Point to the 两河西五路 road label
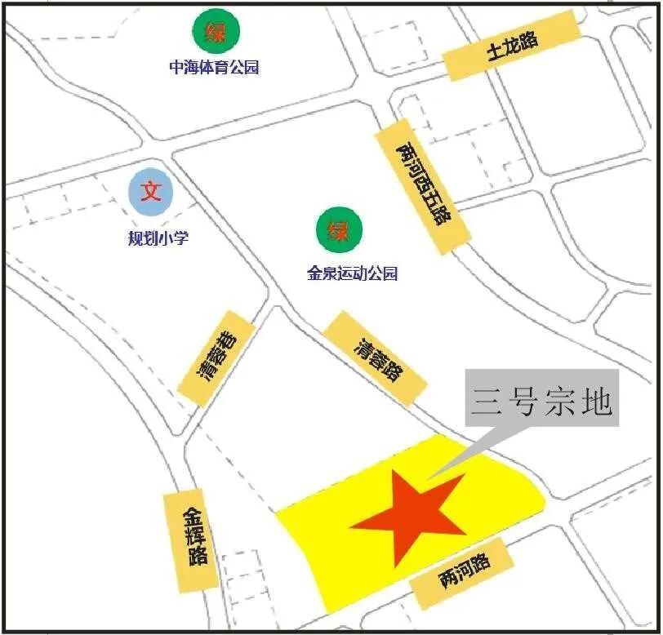click(x=423, y=184)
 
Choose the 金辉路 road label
click(x=193, y=540)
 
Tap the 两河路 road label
click(x=463, y=572)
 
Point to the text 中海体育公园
click(x=214, y=67)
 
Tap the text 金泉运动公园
click(x=352, y=273)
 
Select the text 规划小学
click(x=158, y=238)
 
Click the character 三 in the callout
click(x=488, y=400)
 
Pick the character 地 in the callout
click(x=594, y=400)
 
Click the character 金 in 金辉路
click(x=191, y=516)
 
